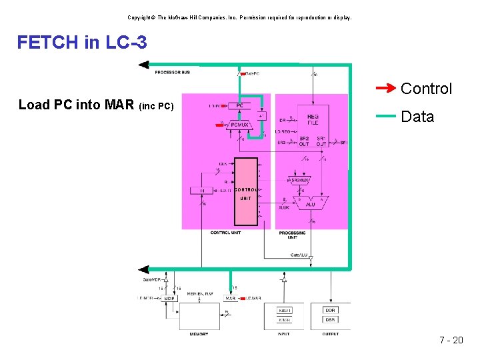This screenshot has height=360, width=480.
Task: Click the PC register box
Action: coord(239,105)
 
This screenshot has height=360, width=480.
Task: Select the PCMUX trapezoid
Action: coord(239,123)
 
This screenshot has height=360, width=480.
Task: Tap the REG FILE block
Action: coord(313,119)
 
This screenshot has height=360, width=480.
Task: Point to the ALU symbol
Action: coord(310,201)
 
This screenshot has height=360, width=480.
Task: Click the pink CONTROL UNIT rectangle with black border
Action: coord(245,192)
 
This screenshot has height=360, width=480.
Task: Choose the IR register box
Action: coord(203,191)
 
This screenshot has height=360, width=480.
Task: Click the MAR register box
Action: coord(231,299)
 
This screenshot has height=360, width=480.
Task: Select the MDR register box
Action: coord(169,299)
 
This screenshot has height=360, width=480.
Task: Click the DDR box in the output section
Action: coord(330,310)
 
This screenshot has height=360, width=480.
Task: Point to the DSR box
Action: coord(330,319)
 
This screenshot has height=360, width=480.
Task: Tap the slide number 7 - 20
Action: coord(451,340)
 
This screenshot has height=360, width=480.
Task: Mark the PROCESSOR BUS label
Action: coord(173,72)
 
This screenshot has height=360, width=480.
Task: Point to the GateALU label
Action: coord(299,255)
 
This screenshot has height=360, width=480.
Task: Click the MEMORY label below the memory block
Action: coord(199,334)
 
